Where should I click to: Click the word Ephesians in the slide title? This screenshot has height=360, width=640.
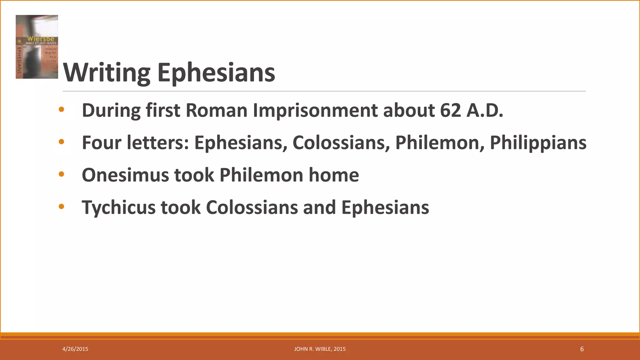(x=216, y=73)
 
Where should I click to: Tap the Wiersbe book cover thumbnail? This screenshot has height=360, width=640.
(x=37, y=47)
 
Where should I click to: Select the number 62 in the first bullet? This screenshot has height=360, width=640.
(x=450, y=110)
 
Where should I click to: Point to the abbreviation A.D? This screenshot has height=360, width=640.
(x=485, y=110)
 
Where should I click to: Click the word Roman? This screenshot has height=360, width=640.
(x=217, y=110)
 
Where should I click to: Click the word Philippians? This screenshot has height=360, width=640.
(x=538, y=143)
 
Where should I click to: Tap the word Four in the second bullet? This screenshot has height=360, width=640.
(x=102, y=143)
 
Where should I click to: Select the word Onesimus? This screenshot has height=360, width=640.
(x=125, y=175)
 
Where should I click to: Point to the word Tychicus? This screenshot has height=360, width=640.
(x=118, y=207)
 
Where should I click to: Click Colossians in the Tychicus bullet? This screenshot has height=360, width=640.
(x=252, y=207)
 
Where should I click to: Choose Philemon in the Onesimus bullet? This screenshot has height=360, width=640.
(x=261, y=175)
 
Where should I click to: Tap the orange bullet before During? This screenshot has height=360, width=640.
(x=61, y=109)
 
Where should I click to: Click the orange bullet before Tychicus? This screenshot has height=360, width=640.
(x=61, y=207)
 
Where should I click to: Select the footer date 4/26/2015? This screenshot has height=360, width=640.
(x=75, y=349)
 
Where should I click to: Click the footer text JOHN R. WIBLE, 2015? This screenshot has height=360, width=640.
(x=320, y=349)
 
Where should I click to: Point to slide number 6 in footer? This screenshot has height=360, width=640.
(x=582, y=349)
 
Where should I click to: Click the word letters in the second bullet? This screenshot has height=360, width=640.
(x=158, y=143)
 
